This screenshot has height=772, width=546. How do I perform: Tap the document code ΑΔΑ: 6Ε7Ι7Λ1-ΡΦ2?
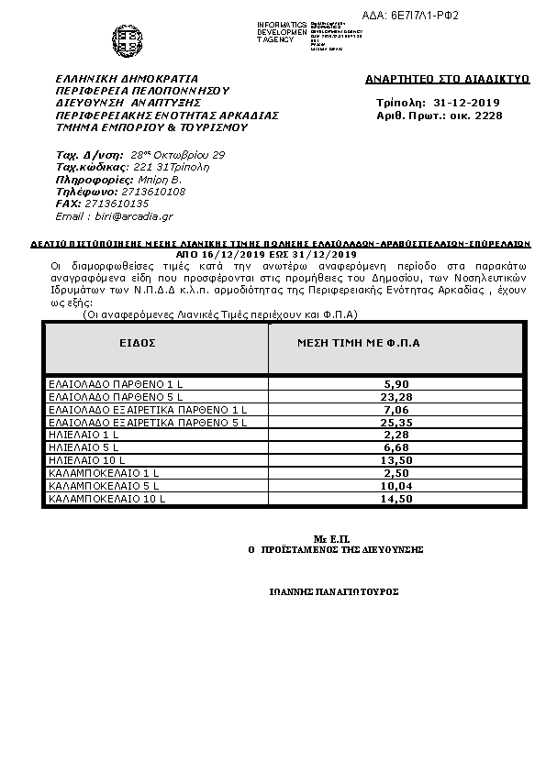click(449, 17)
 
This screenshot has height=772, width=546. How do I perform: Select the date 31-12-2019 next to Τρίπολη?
click(468, 103)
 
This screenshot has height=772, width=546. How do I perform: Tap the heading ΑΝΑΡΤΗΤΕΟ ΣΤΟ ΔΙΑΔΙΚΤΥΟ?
click(448, 80)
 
